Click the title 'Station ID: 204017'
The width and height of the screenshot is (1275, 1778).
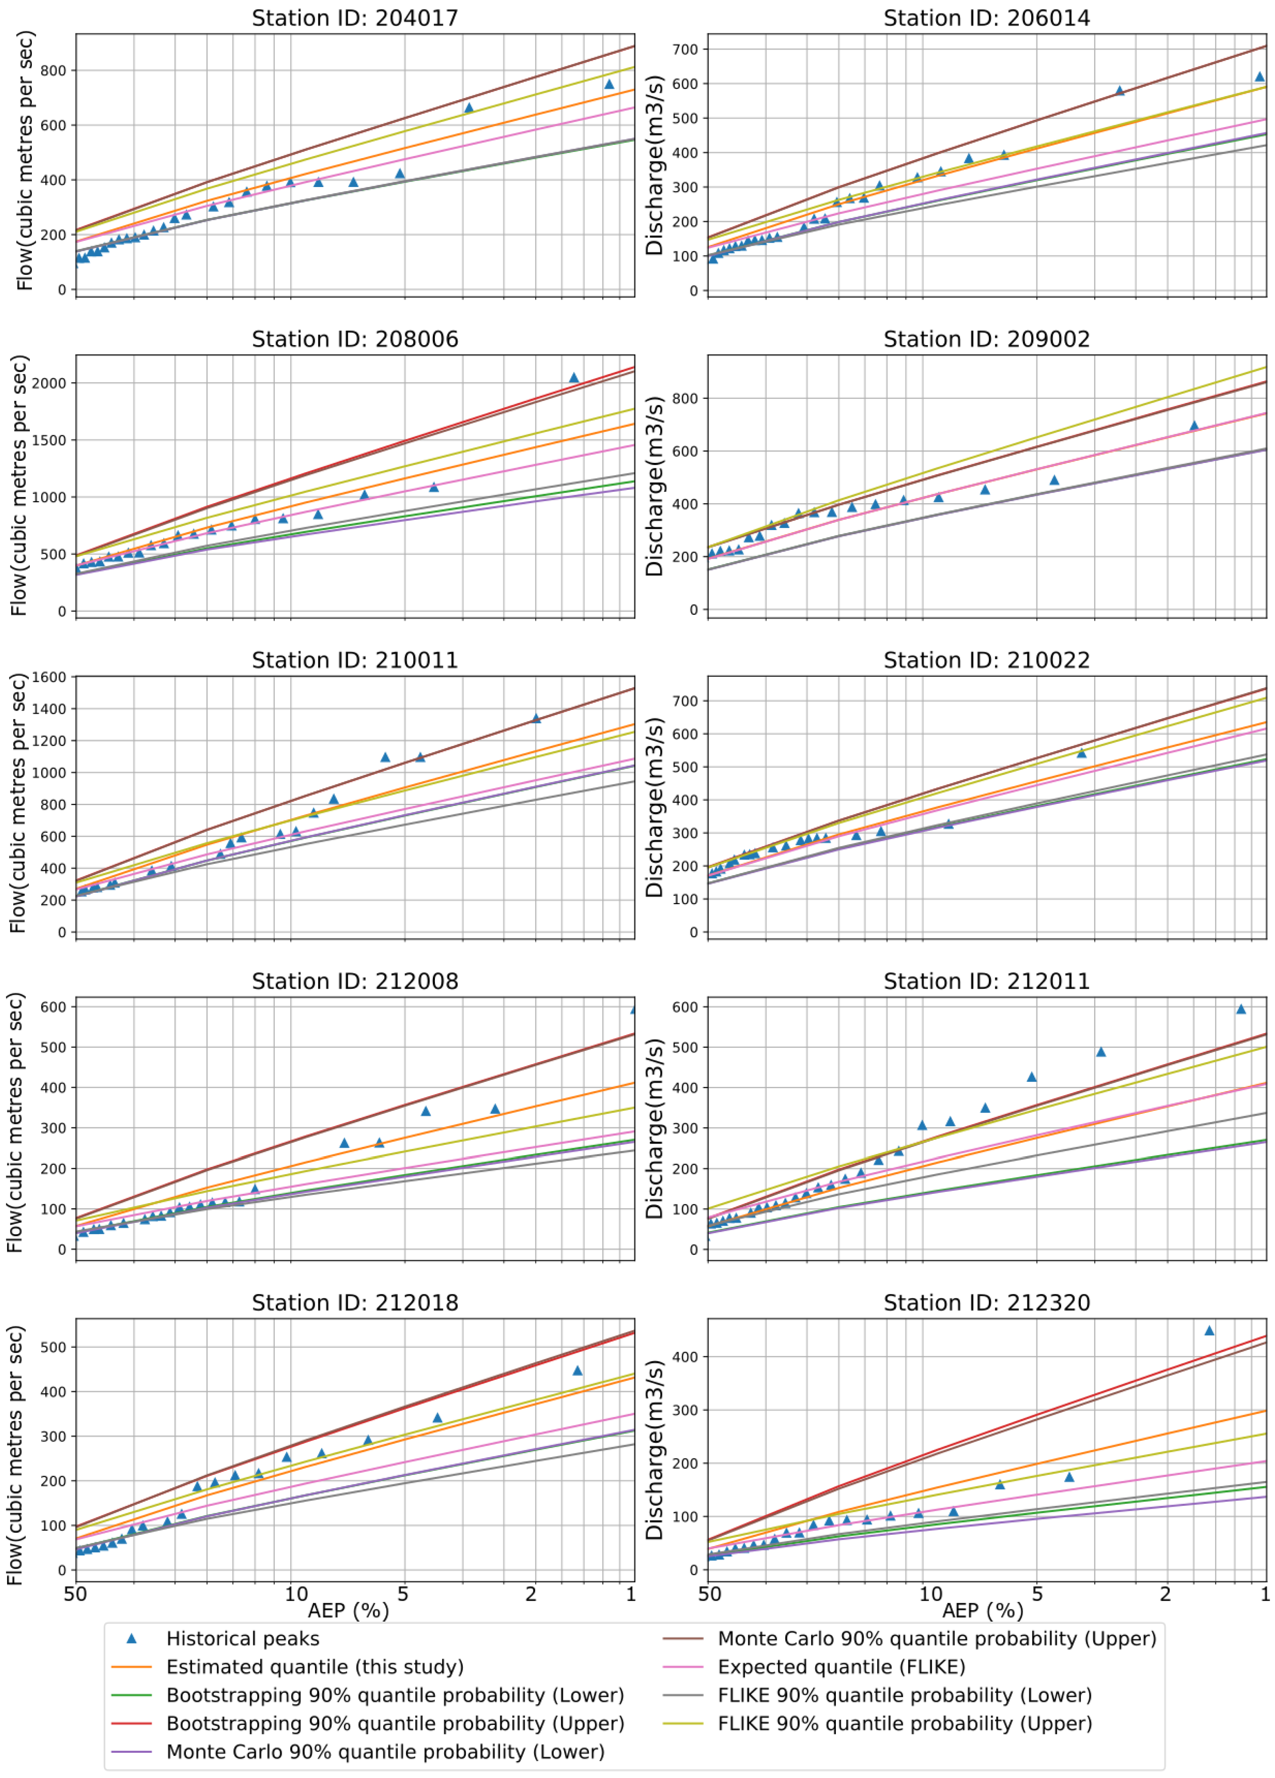click(354, 18)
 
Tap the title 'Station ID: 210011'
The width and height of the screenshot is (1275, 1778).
click(354, 660)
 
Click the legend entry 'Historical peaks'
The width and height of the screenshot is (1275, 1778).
click(242, 1638)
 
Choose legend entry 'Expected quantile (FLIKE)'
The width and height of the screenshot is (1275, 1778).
click(840, 1667)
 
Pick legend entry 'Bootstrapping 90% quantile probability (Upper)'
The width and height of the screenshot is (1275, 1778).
click(394, 1723)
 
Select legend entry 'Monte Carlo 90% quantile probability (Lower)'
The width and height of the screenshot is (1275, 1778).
click(385, 1751)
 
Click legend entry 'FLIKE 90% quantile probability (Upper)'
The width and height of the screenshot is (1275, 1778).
click(904, 1723)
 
